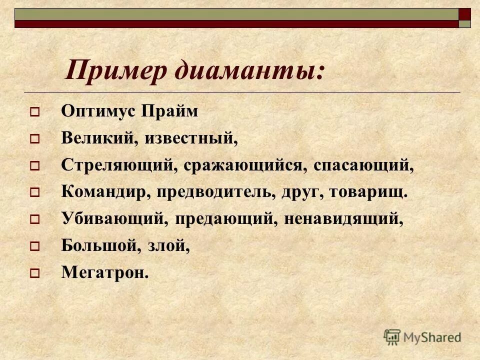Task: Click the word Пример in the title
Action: tap(116, 71)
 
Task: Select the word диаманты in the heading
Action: tap(248, 71)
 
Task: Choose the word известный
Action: tap(191, 138)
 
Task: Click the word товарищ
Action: tap(368, 192)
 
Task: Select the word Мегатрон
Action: tap(105, 272)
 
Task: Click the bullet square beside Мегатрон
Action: tap(34, 273)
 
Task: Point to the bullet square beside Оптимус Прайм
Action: tap(34, 112)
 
